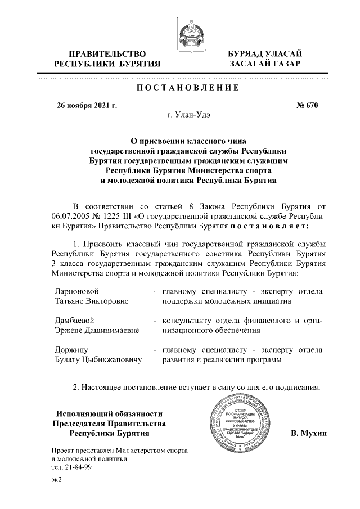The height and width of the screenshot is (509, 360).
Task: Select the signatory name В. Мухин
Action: click(309, 435)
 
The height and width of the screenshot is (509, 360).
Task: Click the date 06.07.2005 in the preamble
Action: click(68, 217)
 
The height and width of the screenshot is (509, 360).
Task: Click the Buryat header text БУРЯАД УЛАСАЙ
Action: click(265, 53)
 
